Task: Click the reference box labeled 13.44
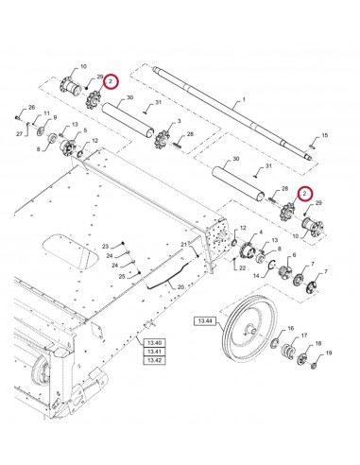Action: click(206, 321)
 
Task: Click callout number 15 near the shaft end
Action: click(327, 137)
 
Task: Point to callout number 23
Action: click(106, 245)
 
